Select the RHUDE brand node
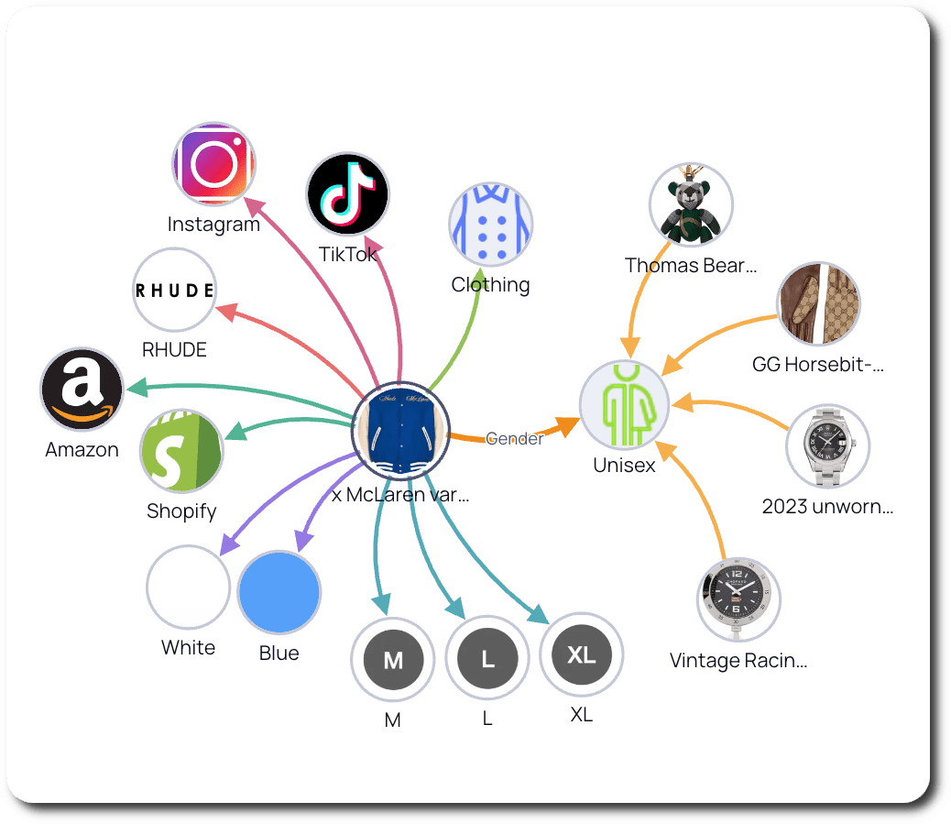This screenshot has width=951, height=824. [174, 290]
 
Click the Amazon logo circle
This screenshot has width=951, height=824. [82, 390]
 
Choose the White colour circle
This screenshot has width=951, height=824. [188, 588]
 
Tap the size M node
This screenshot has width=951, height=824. [392, 660]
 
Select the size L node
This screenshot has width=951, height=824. [487, 659]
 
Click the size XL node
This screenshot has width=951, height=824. [582, 655]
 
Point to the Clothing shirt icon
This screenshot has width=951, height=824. [491, 225]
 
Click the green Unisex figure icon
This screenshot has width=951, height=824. [623, 404]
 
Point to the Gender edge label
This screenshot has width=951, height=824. [514, 438]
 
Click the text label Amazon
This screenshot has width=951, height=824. [82, 450]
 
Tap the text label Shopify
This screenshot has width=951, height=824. [181, 511]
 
